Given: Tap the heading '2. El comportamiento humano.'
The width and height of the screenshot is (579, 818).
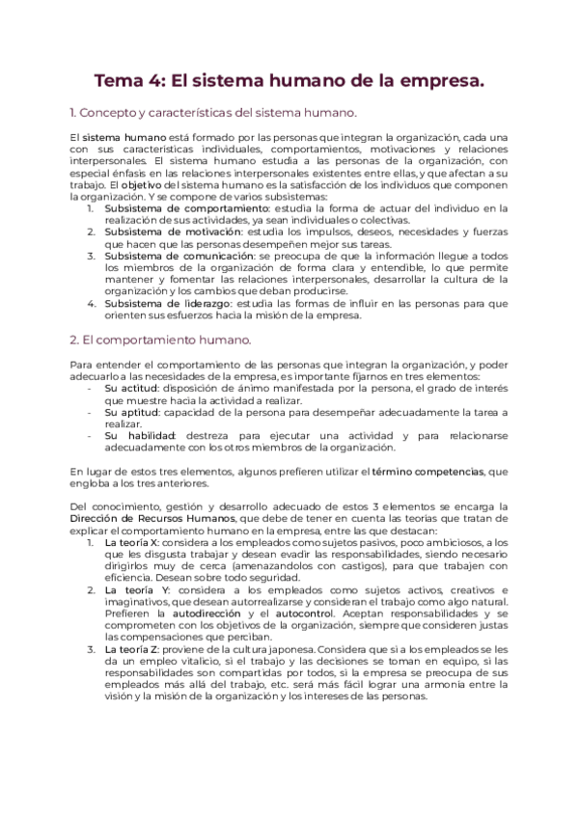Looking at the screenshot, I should point(161,340).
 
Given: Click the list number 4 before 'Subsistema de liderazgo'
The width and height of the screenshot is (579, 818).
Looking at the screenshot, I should point(91,302).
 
